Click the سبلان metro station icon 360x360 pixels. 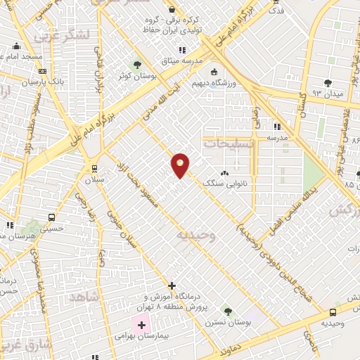tap(95, 168)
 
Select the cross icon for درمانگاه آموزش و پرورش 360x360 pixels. tap(172, 285)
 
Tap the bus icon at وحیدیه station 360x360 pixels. tap(333, 312)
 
